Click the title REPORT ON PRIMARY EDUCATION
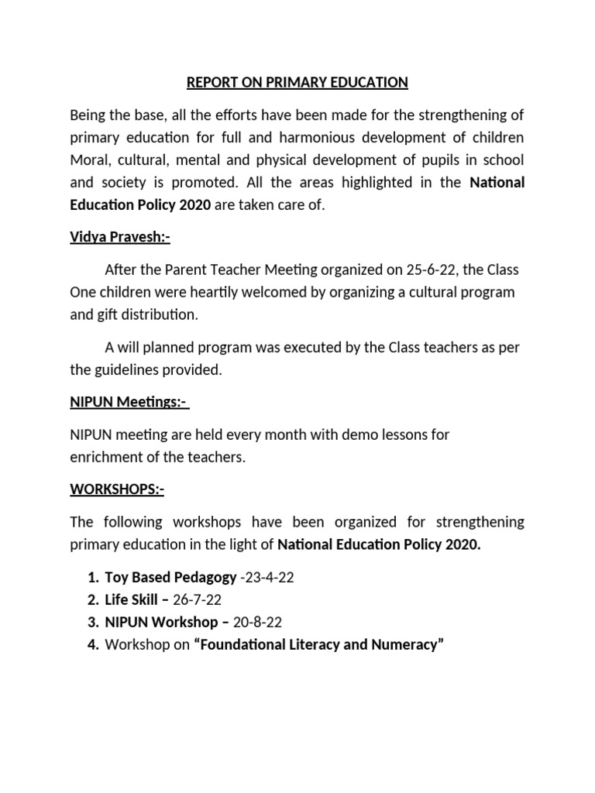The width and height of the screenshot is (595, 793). click(x=297, y=83)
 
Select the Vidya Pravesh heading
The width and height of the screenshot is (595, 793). click(x=120, y=237)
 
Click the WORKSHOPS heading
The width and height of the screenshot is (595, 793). click(x=117, y=489)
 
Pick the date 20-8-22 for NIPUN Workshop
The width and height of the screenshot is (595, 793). click(x=261, y=622)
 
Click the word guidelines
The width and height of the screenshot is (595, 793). click(x=130, y=369)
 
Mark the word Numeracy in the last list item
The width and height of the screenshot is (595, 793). click(x=408, y=644)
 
